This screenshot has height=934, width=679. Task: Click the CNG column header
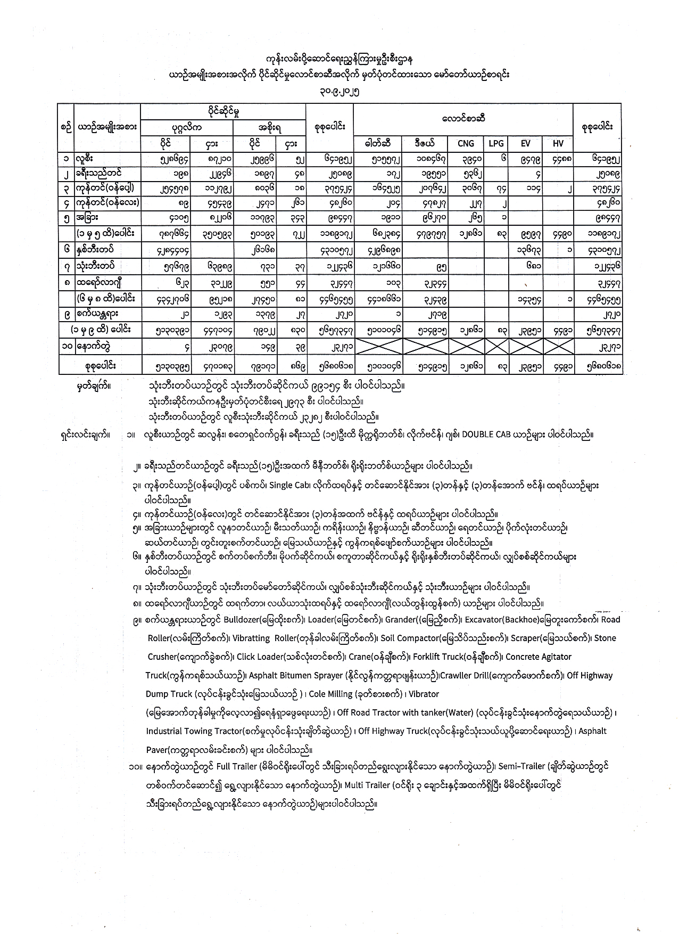466,143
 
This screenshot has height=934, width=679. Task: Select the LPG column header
496,143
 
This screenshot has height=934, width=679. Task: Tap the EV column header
526,143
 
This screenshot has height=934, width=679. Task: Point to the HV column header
558,143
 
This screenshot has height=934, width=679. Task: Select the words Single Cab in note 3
289,486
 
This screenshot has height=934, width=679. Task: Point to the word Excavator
485,619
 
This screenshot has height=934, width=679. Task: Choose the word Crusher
162,657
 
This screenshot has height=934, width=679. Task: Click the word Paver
157,750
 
